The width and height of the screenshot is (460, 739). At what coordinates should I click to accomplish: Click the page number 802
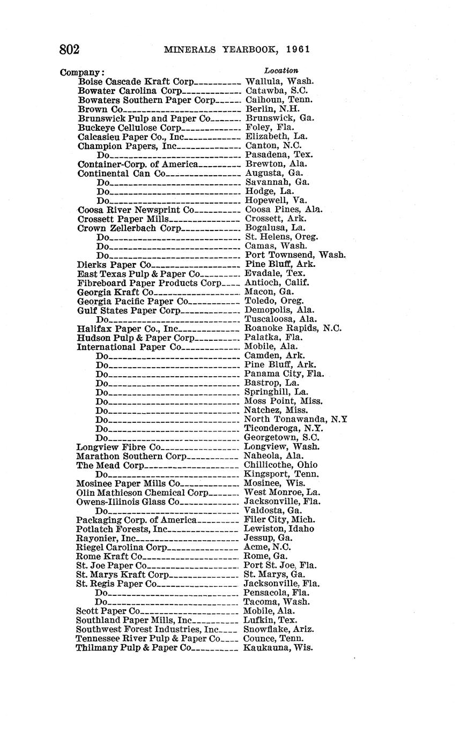coord(70,49)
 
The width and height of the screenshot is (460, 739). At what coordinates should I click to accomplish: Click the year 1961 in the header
coord(298,50)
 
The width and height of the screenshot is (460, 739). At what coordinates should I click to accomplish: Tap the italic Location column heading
coord(281,71)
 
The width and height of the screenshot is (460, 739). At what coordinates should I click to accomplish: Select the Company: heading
coord(82,72)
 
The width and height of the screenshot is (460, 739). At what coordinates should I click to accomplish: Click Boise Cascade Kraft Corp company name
coord(136,81)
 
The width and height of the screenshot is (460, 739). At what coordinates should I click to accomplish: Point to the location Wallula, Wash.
coord(279,81)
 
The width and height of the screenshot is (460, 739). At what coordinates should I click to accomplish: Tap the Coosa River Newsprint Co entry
coord(136,210)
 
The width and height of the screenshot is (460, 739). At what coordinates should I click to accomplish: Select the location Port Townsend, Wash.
coord(295,255)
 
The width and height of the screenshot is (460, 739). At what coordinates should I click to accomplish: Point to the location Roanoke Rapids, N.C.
coord(293,328)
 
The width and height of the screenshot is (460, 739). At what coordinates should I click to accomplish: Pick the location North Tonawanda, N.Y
coord(295,419)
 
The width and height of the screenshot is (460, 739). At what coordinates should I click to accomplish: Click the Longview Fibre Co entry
coord(118,446)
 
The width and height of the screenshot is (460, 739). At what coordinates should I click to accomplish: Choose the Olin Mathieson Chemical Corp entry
coord(142,492)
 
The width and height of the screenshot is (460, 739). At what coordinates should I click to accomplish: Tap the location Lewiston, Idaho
coord(279,528)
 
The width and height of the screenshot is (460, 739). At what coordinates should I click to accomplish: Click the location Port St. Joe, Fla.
coord(280,565)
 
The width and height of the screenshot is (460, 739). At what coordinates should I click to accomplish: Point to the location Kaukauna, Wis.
coord(278,647)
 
